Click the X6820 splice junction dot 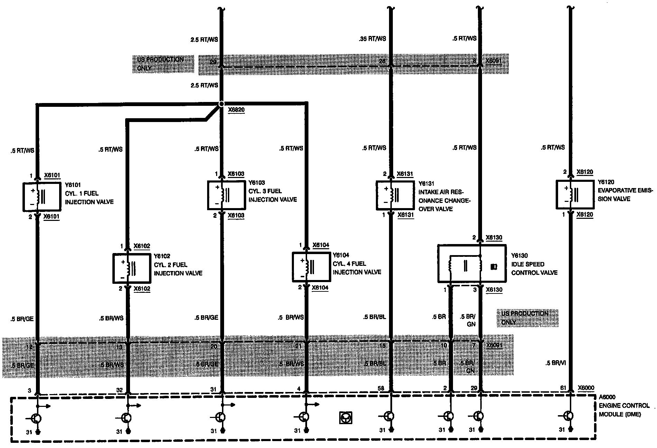pos(221,104)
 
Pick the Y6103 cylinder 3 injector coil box pos(226,195)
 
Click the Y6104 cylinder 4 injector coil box pos(311,267)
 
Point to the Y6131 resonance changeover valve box pos(395,195)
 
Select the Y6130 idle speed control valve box pos(472,263)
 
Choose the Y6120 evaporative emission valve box pos(575,194)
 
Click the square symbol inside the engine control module pos(345,418)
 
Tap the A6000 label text pos(608,398)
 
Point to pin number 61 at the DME pos(563,388)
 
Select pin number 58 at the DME pos(381,389)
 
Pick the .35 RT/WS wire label pos(372,39)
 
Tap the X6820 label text pos(236,110)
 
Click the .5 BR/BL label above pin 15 pos(374,317)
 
